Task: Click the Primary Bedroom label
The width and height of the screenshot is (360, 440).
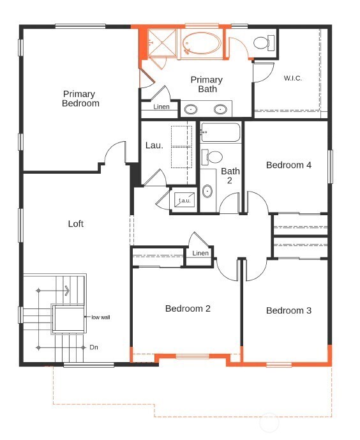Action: [80, 98]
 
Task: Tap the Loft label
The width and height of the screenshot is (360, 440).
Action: [76, 224]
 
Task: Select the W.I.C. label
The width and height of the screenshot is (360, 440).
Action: [293, 78]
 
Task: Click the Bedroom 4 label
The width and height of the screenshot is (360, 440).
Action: [289, 165]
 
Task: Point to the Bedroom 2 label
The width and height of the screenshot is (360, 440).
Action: [188, 308]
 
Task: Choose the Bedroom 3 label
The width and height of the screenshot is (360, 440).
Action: [289, 310]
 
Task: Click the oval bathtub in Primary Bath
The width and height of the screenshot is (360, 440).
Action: [201, 43]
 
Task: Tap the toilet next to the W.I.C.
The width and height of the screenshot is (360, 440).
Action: [264, 43]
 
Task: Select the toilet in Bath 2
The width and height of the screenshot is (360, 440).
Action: [212, 157]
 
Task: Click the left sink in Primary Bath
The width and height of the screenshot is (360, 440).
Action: [190, 109]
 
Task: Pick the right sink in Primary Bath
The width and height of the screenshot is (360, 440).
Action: [220, 109]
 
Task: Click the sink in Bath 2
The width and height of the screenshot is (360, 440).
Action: [207, 191]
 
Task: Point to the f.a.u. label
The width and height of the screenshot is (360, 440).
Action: [184, 201]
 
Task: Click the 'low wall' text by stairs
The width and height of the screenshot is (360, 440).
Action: [101, 317]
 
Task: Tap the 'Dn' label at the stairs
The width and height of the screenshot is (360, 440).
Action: [94, 347]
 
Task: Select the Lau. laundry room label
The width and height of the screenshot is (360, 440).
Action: [154, 146]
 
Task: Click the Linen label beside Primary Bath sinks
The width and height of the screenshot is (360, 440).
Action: [161, 107]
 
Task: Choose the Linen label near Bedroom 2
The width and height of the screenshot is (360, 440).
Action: [200, 253]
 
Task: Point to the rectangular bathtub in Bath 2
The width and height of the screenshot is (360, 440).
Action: [220, 132]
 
